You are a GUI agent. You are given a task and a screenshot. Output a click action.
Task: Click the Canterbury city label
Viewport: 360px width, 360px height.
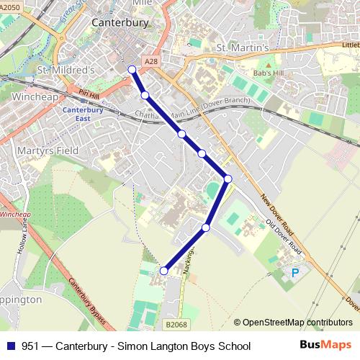point(120,22)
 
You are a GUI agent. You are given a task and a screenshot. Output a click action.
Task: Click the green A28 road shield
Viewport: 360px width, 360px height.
point(150,63)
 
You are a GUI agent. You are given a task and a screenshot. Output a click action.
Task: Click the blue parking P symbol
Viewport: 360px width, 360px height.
point(294,274)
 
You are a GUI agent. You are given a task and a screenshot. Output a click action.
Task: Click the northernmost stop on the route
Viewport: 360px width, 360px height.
point(132,69)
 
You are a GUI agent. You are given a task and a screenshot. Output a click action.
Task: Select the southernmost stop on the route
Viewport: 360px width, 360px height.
point(163,271)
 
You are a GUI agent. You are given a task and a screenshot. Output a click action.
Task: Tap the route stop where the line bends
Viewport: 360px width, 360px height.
point(228,179)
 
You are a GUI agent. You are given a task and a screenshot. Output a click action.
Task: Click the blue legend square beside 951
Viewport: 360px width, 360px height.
point(9,346)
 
